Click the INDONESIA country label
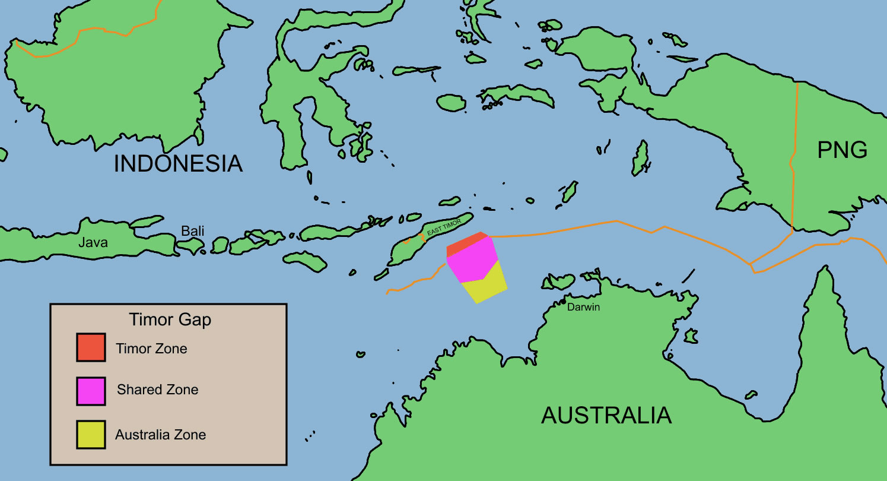178,164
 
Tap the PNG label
842,151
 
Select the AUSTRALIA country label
606,415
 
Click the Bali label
193,230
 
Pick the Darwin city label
584,308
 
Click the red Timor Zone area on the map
466,243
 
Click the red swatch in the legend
91,347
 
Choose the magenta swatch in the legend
91,391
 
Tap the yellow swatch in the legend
91,435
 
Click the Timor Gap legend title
170,320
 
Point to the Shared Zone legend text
157,390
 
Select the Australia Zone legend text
160,435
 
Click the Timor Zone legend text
151,348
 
